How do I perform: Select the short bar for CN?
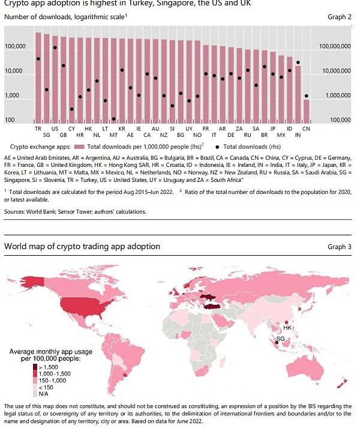click(306, 111)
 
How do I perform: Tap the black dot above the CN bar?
click(306, 95)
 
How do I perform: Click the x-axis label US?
click(55, 129)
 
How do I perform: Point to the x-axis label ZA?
click(239, 129)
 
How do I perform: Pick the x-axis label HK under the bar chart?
click(88, 129)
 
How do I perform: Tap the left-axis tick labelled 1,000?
click(14, 96)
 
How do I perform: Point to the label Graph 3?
click(339, 247)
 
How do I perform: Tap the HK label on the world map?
click(287, 328)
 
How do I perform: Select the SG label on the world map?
click(280, 339)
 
